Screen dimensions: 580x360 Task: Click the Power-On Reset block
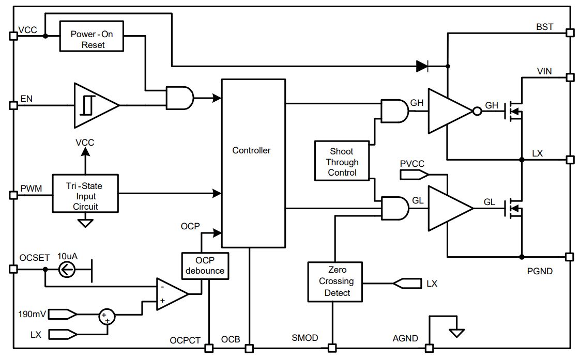coord(91,36)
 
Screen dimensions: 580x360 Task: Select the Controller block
coord(253,163)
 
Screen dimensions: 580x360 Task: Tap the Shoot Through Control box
coord(342,161)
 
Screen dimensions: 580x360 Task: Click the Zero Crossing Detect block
coord(335,281)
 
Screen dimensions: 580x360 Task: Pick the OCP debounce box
coord(205,266)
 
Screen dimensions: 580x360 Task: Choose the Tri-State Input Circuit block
coord(85,193)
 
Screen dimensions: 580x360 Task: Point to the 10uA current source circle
coord(67,270)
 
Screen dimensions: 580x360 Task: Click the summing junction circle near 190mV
coord(107,317)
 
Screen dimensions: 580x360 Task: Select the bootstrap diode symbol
coord(422,66)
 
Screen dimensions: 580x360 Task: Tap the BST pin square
coord(570,33)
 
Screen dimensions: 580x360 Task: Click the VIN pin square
coord(570,77)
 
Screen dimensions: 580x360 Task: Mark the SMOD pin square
coord(332,348)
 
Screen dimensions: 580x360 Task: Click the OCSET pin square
coord(13,269)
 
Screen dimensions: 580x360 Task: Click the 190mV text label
coord(32,314)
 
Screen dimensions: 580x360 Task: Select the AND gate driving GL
coord(395,209)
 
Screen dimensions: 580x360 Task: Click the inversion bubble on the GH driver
coord(478,111)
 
